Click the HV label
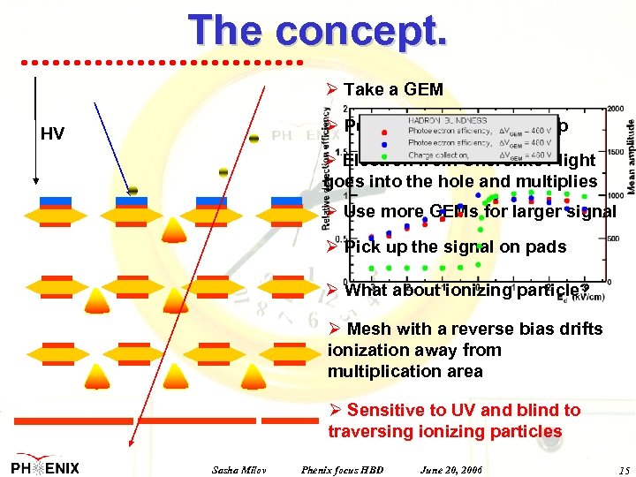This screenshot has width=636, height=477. (54, 134)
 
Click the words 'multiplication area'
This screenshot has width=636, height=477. (405, 371)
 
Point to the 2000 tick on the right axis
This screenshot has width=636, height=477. (616, 108)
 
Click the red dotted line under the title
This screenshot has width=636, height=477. (163, 62)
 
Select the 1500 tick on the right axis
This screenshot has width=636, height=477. (616, 152)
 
